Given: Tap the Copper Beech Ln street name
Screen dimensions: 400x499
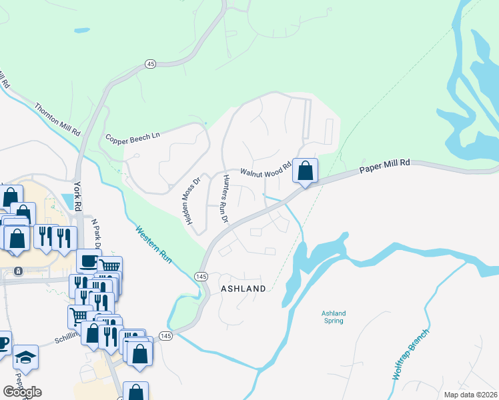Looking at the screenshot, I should click(x=133, y=136).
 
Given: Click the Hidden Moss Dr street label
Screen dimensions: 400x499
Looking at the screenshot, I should click(x=194, y=200).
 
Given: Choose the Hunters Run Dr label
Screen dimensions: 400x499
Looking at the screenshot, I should click(x=226, y=199).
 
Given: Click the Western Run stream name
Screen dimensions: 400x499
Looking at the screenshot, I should click(x=154, y=245).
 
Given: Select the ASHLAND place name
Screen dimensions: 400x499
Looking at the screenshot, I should click(x=243, y=289).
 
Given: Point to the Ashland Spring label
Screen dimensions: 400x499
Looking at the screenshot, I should click(x=333, y=317).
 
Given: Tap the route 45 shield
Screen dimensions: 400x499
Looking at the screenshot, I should click(x=150, y=63).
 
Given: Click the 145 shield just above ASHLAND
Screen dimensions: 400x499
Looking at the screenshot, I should click(x=201, y=275).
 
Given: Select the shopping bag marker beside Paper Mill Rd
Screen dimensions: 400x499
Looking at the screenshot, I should click(x=305, y=171).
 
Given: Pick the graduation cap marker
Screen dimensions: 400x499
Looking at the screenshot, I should click(x=25, y=357).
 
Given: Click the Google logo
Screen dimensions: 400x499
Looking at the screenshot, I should click(x=22, y=392).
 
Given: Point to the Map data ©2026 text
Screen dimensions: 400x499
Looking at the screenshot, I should click(x=470, y=395).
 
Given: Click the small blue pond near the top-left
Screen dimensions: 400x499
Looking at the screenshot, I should click(x=81, y=30).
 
